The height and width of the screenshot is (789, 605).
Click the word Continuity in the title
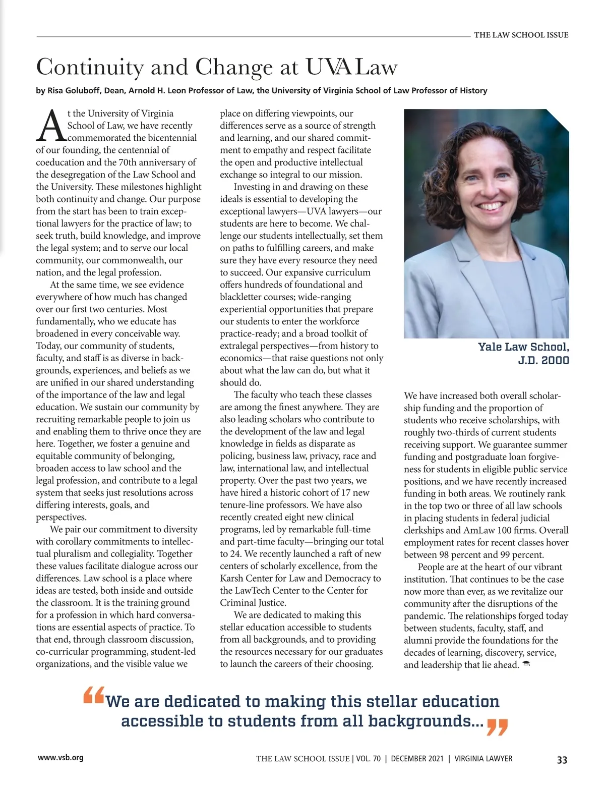tap(90, 67)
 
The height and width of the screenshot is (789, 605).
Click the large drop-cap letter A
tap(50, 126)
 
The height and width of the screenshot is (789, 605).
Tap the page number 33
tap(562, 760)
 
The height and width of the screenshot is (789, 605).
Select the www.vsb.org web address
tap(60, 757)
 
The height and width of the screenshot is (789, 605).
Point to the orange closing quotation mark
tap(497, 727)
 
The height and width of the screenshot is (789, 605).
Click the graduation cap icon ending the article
tap(526, 664)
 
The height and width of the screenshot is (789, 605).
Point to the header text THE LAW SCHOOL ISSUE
tap(521, 35)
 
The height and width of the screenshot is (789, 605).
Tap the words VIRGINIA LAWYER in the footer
tap(483, 759)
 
